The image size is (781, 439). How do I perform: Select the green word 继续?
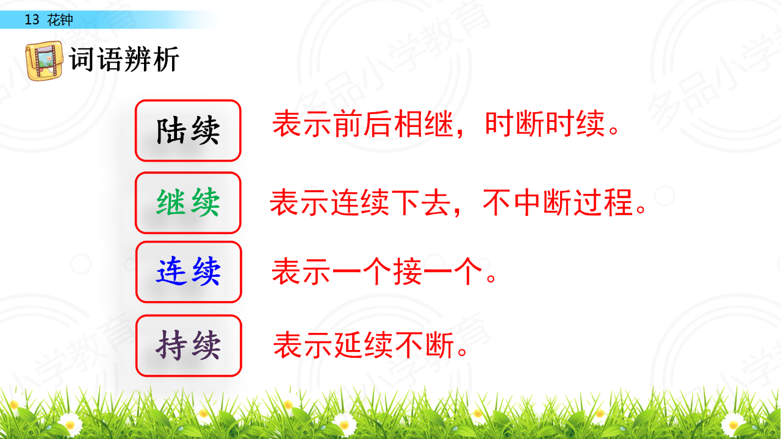coord(189,202)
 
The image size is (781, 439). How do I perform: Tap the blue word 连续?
coord(189,271)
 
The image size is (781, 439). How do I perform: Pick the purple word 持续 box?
coord(189,346)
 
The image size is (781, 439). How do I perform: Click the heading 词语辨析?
coord(124,59)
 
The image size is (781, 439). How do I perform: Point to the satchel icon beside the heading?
coord(45,60)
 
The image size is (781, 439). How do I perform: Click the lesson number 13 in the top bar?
coord(32,20)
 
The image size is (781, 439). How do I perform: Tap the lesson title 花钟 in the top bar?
coord(60,20)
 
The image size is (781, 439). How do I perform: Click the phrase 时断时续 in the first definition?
coord(545,123)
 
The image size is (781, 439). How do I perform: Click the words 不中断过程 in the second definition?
coord(558,202)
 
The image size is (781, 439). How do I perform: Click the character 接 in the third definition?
coord(408,271)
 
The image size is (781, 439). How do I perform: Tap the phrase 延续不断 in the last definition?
coord(394,345)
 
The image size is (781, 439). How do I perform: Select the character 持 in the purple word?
coord(171,346)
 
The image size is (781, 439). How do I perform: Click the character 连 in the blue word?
coord(171,271)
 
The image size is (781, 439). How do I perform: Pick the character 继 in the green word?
coord(171,202)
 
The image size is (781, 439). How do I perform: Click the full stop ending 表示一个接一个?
coord(491,278)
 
